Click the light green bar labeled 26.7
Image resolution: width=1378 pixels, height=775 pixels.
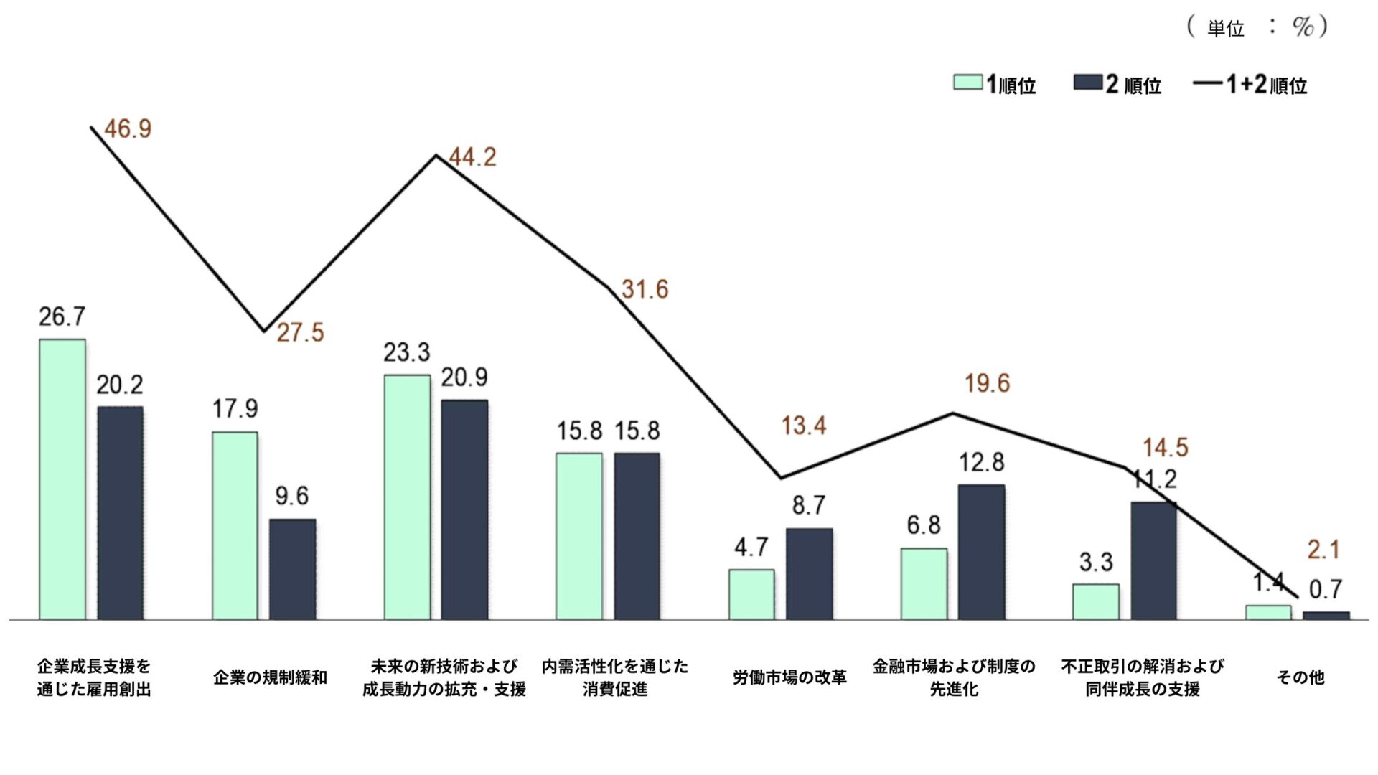pyautogui.click(x=62, y=479)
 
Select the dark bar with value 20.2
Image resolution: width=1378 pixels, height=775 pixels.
pyautogui.click(x=120, y=512)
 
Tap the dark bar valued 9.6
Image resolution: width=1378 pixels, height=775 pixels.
pyautogui.click(x=292, y=568)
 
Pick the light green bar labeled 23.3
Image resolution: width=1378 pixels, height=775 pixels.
pyautogui.click(x=407, y=497)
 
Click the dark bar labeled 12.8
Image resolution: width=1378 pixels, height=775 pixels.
pyautogui.click(x=981, y=551)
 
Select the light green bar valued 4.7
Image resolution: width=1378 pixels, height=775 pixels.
pyautogui.click(x=751, y=594)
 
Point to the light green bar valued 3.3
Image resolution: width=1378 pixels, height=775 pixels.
pyautogui.click(x=1096, y=601)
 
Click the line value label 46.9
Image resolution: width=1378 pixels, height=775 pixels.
pyautogui.click(x=128, y=129)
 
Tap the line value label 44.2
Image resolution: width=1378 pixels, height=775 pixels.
pyautogui.click(x=472, y=157)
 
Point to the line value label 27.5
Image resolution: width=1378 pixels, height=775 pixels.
pyautogui.click(x=300, y=333)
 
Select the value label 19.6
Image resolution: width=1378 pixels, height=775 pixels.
pyautogui.click(x=987, y=384)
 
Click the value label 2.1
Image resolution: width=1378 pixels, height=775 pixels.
pyautogui.click(x=1323, y=550)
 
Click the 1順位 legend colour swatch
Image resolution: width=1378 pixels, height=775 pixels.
pyautogui.click(x=967, y=83)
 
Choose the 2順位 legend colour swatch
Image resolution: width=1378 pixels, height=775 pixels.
pyautogui.click(x=1087, y=83)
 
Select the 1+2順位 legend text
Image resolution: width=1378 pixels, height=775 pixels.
pyautogui.click(x=1267, y=85)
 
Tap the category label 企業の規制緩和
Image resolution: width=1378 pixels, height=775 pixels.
pyautogui.click(x=270, y=677)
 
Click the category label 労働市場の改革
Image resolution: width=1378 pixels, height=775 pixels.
pyautogui.click(x=789, y=677)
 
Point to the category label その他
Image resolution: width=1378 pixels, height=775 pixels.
pyautogui.click(x=1300, y=677)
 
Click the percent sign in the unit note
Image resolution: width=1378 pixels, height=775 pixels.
pyautogui.click(x=1303, y=27)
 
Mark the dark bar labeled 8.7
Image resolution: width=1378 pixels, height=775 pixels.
pyautogui.click(x=809, y=573)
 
